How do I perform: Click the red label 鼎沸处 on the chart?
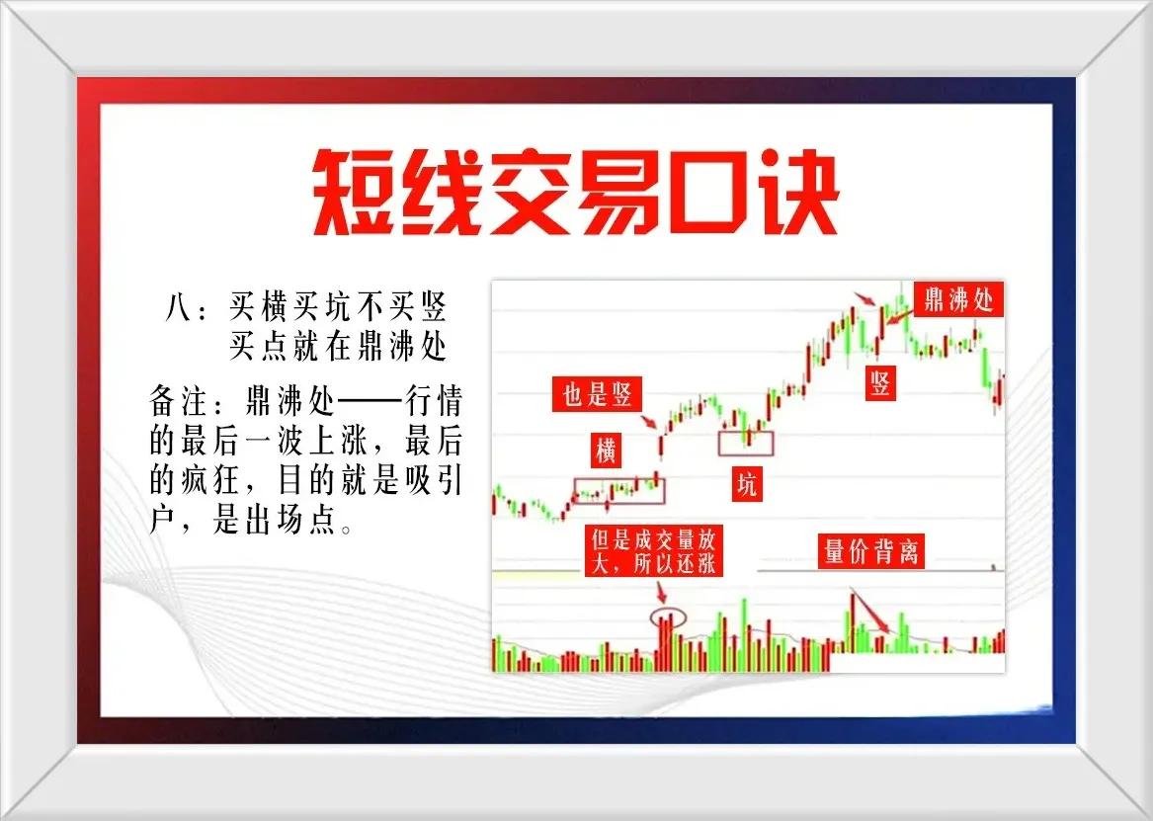coord(958,299)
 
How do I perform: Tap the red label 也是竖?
coord(597,395)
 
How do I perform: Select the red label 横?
coord(606,450)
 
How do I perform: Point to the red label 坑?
coord(746,484)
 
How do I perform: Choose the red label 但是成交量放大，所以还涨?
coord(654,551)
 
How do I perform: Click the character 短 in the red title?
coord(355,193)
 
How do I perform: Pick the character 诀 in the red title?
coord(795,193)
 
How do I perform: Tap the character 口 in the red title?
coord(707,194)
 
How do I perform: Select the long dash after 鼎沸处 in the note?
coord(371,402)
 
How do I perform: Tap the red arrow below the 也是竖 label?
coord(649,421)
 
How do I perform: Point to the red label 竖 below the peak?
coord(880,383)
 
